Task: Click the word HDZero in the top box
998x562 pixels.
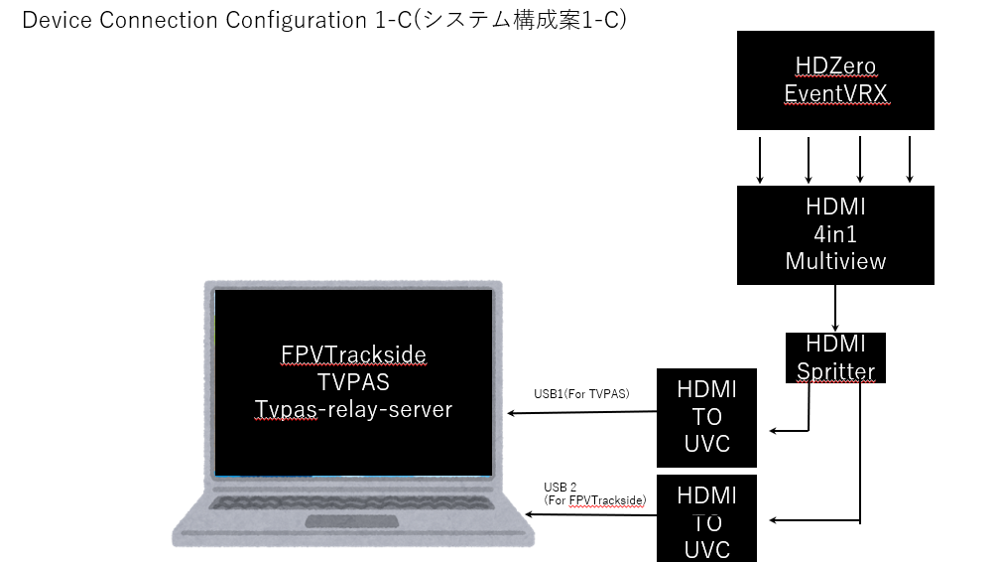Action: (x=835, y=67)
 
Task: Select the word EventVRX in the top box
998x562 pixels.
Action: (x=835, y=93)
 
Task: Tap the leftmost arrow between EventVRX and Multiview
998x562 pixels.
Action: (x=760, y=160)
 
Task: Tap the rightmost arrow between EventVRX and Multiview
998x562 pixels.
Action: (x=909, y=160)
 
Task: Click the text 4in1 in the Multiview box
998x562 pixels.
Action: (x=835, y=235)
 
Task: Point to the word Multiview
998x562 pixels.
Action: (x=835, y=261)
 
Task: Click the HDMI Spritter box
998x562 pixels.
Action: (x=835, y=358)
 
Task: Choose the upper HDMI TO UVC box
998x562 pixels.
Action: (x=707, y=417)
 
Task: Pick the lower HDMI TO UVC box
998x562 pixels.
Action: (x=707, y=521)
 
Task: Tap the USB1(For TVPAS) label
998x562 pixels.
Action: (x=580, y=393)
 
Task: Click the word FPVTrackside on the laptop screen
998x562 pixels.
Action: (x=353, y=354)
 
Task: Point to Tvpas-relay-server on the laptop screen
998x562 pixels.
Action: (x=353, y=409)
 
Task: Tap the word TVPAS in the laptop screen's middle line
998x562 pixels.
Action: (x=353, y=382)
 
